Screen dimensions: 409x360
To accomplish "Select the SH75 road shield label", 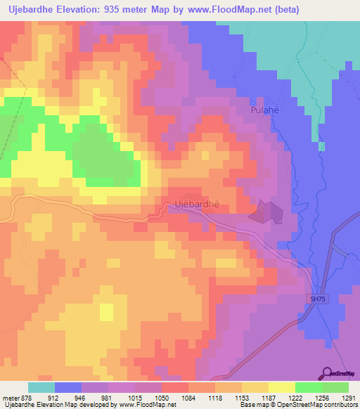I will [x=319, y=299].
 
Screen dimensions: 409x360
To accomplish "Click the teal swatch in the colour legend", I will [x=41, y=387].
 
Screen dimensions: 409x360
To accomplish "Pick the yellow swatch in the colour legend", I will [x=282, y=387].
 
